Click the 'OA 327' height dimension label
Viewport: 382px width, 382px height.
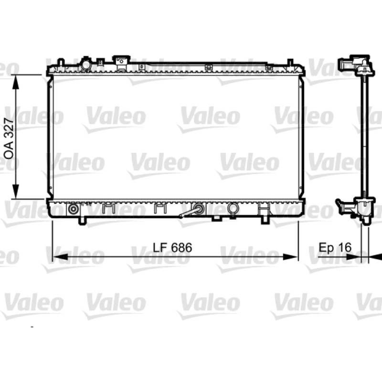click(9, 138)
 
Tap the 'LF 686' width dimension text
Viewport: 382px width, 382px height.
click(172, 247)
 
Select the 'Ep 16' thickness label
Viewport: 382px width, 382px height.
click(335, 247)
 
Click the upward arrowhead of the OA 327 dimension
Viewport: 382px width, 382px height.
click(16, 82)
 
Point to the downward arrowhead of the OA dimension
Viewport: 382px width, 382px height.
click(16, 192)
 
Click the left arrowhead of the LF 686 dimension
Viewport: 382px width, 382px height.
click(60, 257)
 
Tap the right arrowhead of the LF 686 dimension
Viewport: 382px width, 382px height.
click(291, 257)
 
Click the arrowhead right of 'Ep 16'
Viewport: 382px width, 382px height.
click(354, 257)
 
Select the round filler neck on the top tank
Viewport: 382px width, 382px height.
click(86, 64)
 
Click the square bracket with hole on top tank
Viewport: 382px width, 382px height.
click(121, 63)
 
